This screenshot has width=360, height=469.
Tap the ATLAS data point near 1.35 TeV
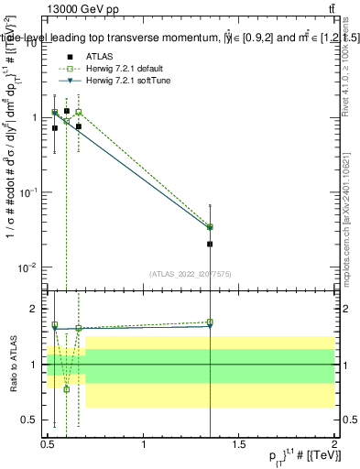pos(210,245)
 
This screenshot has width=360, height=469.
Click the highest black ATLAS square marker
pos(67,111)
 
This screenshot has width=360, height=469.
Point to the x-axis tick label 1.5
pos(240,444)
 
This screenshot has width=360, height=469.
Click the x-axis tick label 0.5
pos(48,444)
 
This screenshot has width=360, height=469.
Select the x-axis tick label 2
pos(334,444)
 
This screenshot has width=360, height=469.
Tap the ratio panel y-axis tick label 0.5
pos(33,420)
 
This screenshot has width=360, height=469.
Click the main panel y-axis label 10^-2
pos(29,267)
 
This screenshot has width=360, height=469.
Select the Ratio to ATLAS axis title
pos(12,365)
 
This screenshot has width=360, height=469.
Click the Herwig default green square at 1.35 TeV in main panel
pos(210,226)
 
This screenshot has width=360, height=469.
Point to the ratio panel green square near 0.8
pos(67,388)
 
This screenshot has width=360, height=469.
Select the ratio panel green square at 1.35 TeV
pos(210,322)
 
